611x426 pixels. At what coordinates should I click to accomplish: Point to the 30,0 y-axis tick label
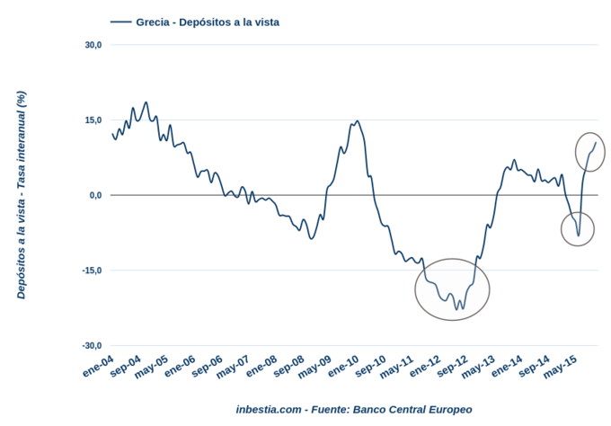(x=93, y=44)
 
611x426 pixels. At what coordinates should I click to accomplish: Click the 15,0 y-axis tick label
(x=93, y=120)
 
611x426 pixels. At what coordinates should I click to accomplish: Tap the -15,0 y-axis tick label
(x=91, y=271)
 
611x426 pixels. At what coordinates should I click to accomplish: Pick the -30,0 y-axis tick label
(x=91, y=346)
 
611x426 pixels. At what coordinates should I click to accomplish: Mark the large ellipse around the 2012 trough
(x=453, y=288)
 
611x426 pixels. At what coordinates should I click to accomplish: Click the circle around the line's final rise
(x=590, y=151)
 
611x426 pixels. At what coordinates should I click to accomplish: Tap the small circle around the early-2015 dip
(x=578, y=229)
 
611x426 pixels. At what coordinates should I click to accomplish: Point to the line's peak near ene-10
(x=357, y=121)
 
